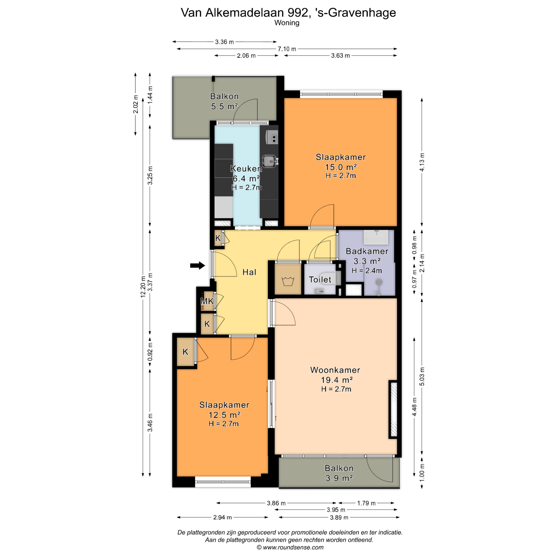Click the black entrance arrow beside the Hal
coord(198,265)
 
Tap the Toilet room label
coord(320,280)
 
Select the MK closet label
coord(207,301)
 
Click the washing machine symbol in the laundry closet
coord(288,281)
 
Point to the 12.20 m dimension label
coord(143,286)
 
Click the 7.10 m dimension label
coord(287,49)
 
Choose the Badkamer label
coord(367,251)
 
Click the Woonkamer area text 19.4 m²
coord(337,380)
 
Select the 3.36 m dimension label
coord(224,42)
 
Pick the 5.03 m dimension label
coord(422,376)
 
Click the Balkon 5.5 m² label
coord(224,101)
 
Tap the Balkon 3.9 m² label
coord(339,473)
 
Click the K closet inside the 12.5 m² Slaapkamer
coord(186,352)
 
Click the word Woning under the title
coord(287,23)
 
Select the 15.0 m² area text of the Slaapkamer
coord(341,167)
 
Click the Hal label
coord(249,272)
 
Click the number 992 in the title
coord(297,13)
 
